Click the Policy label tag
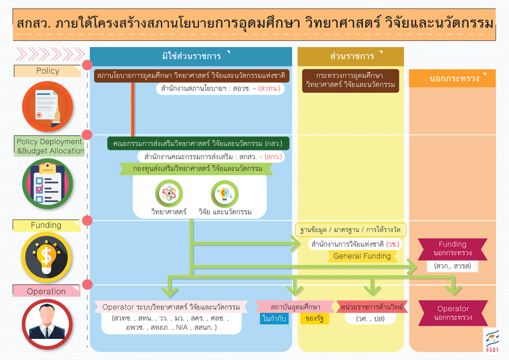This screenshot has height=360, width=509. click(x=48, y=71)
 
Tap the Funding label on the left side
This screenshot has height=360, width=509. click(x=46, y=225)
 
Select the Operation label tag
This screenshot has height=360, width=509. click(x=47, y=291)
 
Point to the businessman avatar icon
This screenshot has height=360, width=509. click(x=47, y=322)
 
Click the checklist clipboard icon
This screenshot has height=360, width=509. click(x=47, y=183)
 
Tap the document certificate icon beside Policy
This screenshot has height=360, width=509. click(x=48, y=107)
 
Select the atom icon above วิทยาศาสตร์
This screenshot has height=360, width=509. click(x=169, y=194)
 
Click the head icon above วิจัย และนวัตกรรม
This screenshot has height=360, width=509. click(x=224, y=194)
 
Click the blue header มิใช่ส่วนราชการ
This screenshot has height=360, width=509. click(x=191, y=56)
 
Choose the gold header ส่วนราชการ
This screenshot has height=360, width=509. click(x=351, y=56)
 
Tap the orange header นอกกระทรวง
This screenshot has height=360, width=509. click(x=454, y=78)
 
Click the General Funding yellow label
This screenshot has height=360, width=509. click(x=362, y=256)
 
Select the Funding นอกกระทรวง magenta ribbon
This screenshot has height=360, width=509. click(x=452, y=248)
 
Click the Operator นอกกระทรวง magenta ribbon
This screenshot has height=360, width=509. click(x=453, y=313)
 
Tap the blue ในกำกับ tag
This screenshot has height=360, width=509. click(x=274, y=319)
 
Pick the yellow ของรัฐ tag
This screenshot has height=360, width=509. click(x=314, y=319)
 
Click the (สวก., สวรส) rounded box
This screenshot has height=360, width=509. click(x=452, y=266)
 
